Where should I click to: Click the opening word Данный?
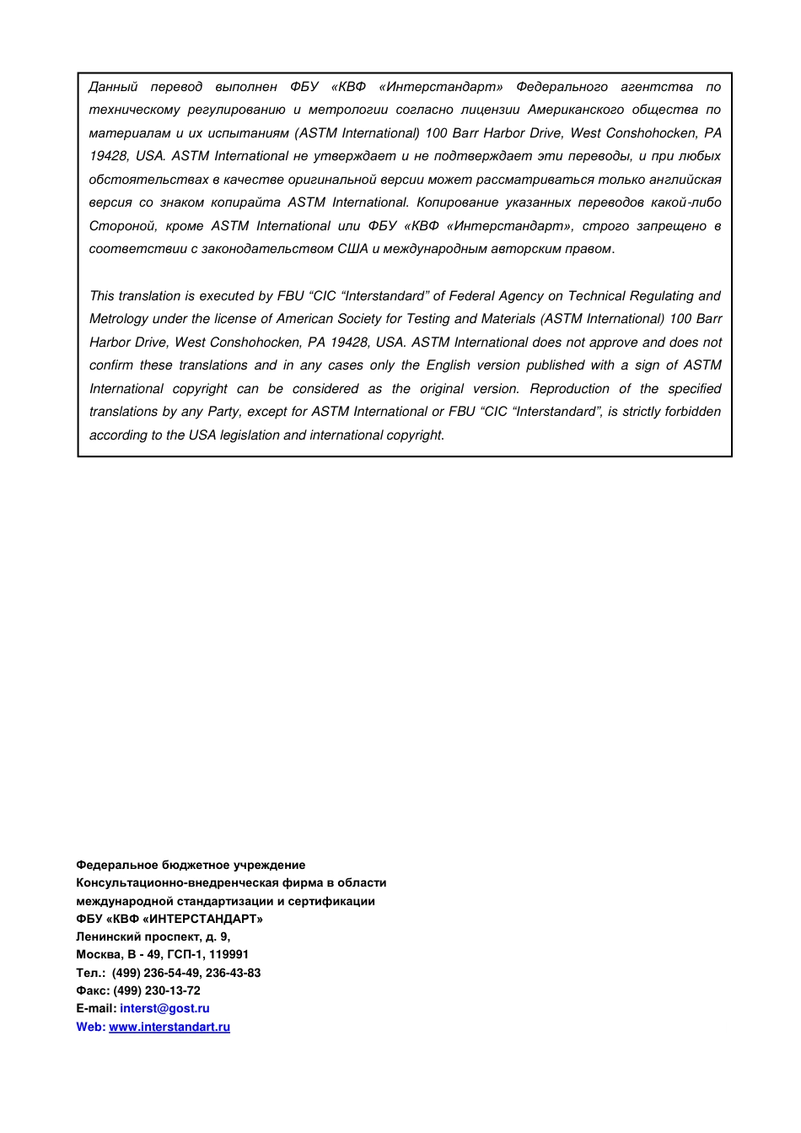coord(114,87)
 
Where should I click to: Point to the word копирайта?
coord(245,202)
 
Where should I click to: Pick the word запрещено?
coord(671,226)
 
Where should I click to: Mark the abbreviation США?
coord(352,249)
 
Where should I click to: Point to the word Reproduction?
coord(569,389)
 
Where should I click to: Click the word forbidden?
coord(693,412)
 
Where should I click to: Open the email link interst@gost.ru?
coord(164,1009)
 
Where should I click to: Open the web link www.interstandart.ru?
coord(169,1028)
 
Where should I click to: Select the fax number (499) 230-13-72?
coord(157,991)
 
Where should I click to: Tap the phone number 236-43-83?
coord(233,974)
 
